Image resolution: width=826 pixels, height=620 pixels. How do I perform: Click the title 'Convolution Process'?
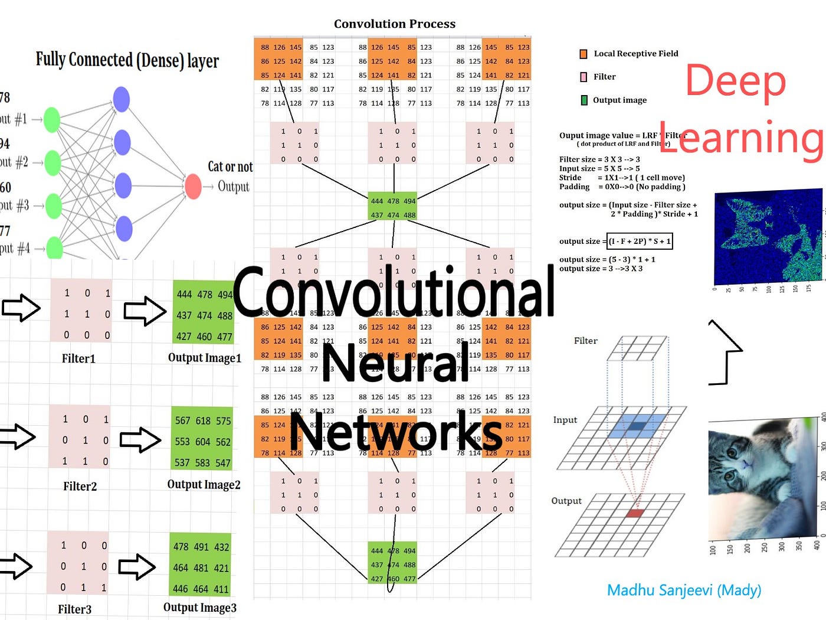[395, 24]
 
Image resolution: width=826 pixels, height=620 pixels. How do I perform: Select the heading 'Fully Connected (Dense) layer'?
[127, 60]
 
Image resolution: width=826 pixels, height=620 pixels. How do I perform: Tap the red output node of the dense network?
[193, 186]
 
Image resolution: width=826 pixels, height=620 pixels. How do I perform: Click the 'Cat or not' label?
[230, 167]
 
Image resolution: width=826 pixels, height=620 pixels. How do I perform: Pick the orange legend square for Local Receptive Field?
[584, 54]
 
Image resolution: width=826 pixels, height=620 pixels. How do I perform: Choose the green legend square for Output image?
[584, 100]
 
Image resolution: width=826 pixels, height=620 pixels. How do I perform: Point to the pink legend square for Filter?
[584, 77]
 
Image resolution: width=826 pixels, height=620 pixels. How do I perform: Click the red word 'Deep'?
[735, 81]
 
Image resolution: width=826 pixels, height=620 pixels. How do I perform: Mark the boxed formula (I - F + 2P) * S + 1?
[640, 241]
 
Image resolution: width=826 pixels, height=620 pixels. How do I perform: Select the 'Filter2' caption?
[80, 487]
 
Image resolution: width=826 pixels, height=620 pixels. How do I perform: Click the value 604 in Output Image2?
[203, 442]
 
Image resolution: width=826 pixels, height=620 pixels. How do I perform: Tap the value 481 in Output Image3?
[201, 567]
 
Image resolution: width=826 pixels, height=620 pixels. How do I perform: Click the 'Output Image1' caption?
[205, 358]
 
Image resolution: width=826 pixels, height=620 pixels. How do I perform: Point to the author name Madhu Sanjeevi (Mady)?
[684, 590]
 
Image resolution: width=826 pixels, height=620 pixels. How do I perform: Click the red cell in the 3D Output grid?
[634, 513]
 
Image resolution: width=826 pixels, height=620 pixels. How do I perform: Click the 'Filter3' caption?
[74, 609]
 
